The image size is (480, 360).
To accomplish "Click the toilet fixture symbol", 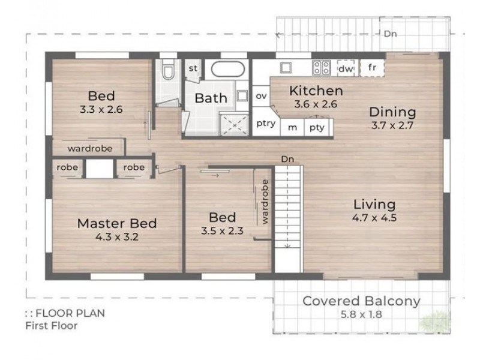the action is pyautogui.click(x=168, y=70).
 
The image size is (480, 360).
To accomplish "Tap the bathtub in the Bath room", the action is pyautogui.click(x=228, y=70).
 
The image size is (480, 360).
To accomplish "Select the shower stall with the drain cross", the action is pyautogui.click(x=235, y=125).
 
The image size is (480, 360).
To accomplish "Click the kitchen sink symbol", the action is pyautogui.click(x=286, y=68).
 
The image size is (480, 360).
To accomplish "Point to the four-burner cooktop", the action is pyautogui.click(x=322, y=68).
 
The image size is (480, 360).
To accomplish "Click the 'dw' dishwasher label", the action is pyautogui.click(x=346, y=69).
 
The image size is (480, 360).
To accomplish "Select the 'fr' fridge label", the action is pyautogui.click(x=372, y=67).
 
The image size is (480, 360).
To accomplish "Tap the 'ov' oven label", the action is pyautogui.click(x=261, y=96).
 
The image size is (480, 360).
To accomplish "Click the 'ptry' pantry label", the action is pyautogui.click(x=266, y=124).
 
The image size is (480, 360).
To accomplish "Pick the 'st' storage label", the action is pyautogui.click(x=193, y=68).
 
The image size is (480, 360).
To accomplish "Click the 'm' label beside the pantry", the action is pyautogui.click(x=292, y=128).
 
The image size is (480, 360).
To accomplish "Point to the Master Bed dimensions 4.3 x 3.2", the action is pyautogui.click(x=117, y=236).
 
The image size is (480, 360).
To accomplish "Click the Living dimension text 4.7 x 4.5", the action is pyautogui.click(x=374, y=218).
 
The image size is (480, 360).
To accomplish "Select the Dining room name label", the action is pyautogui.click(x=392, y=112).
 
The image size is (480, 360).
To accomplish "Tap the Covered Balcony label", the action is pyautogui.click(x=361, y=301).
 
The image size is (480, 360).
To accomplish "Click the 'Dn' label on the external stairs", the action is pyautogui.click(x=391, y=34).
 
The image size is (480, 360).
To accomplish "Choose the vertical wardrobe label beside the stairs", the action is pyautogui.click(x=265, y=202).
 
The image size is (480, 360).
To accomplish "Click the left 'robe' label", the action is pyautogui.click(x=67, y=167).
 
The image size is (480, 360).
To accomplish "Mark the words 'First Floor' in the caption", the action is pyautogui.click(x=52, y=326).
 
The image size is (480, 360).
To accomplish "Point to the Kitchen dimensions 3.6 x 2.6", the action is pyautogui.click(x=316, y=104).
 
